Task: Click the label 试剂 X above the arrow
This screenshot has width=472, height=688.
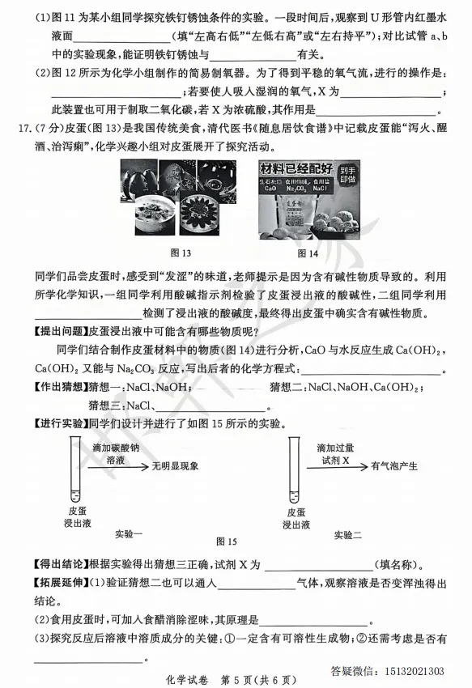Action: click(x=334, y=460)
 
